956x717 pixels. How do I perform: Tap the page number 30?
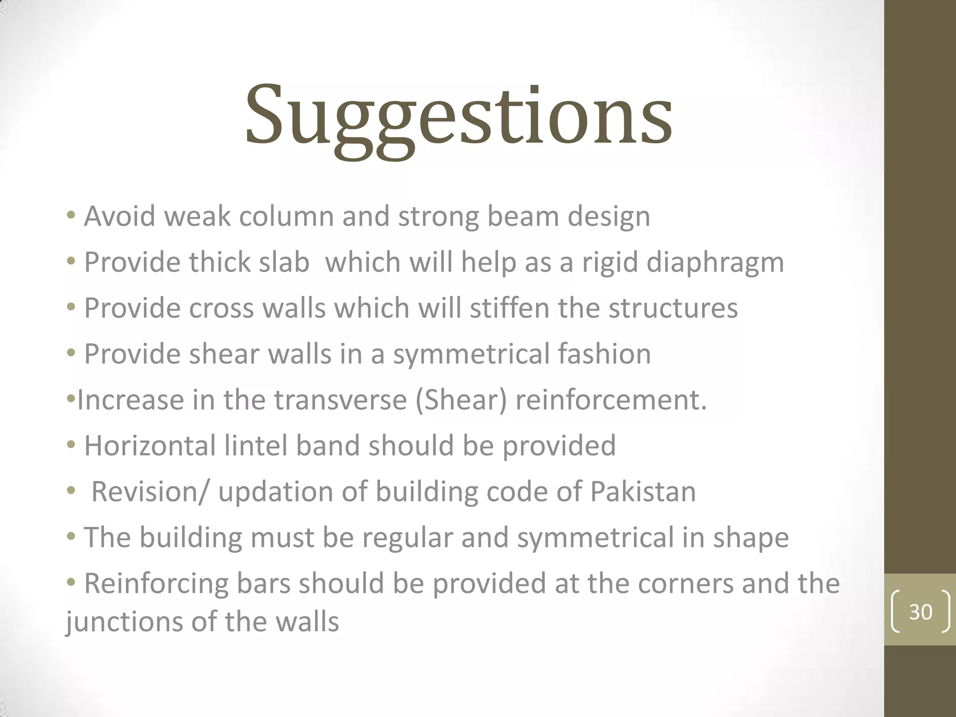coord(921,612)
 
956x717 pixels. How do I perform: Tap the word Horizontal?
coord(150,445)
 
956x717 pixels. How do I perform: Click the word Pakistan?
coord(643,492)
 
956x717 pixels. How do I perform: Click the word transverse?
coord(340,401)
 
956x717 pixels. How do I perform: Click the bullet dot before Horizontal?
coord(71,445)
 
